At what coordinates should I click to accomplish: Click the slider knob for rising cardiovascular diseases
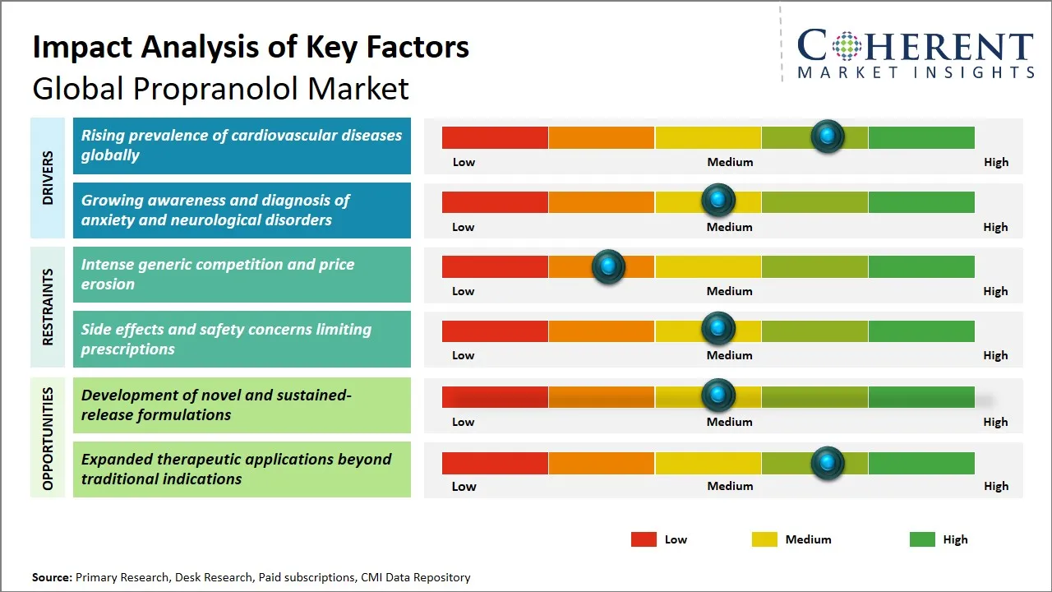pyautogui.click(x=828, y=136)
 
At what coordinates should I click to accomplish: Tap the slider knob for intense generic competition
pyautogui.click(x=608, y=266)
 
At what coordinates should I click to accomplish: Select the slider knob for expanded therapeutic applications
pyautogui.click(x=828, y=463)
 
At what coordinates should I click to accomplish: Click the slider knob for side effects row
pyautogui.click(x=718, y=330)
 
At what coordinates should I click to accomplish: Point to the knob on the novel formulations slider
pyautogui.click(x=718, y=395)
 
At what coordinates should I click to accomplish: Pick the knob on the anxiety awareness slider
pyautogui.click(x=718, y=201)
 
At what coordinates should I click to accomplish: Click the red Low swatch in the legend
pyautogui.click(x=644, y=539)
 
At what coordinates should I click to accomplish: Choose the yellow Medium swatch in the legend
pyautogui.click(x=764, y=539)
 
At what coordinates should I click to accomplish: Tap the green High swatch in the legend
pyautogui.click(x=922, y=539)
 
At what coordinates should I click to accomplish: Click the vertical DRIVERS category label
pyautogui.click(x=48, y=178)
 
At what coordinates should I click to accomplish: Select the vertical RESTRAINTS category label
pyautogui.click(x=48, y=307)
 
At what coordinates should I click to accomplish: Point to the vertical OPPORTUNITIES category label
pyautogui.click(x=48, y=438)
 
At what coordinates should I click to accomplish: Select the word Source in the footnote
pyautogui.click(x=51, y=577)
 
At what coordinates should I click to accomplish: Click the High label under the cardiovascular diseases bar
pyautogui.click(x=995, y=162)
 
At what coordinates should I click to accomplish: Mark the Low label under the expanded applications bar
pyautogui.click(x=464, y=486)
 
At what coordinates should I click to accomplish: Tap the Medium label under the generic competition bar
pyautogui.click(x=729, y=291)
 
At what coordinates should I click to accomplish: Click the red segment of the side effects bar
pyautogui.click(x=495, y=331)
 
